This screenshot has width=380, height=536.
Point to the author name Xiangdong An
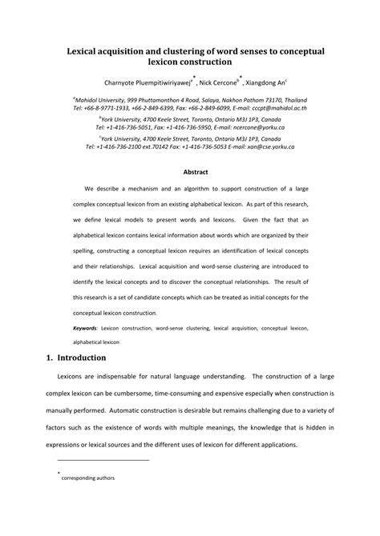pyautogui.click(x=269, y=82)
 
